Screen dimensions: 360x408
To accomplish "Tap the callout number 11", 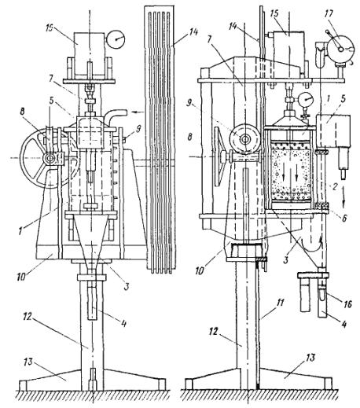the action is pyautogui.click(x=280, y=305).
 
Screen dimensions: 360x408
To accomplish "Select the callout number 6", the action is pyautogui.click(x=345, y=217).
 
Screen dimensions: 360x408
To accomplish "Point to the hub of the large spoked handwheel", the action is pyautogui.click(x=50, y=159).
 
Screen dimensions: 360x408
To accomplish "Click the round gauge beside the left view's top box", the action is pyautogui.click(x=116, y=39).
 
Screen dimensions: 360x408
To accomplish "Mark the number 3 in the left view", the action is pyautogui.click(x=127, y=287).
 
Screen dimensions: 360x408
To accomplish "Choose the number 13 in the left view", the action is pyautogui.click(x=28, y=362).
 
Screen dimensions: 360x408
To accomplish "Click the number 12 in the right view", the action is pyautogui.click(x=213, y=332).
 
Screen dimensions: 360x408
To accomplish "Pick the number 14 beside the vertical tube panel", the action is pyautogui.click(x=192, y=33).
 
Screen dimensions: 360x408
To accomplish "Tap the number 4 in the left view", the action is pyautogui.click(x=123, y=324).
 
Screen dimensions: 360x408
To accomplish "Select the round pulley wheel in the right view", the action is pyautogui.click(x=244, y=139).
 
